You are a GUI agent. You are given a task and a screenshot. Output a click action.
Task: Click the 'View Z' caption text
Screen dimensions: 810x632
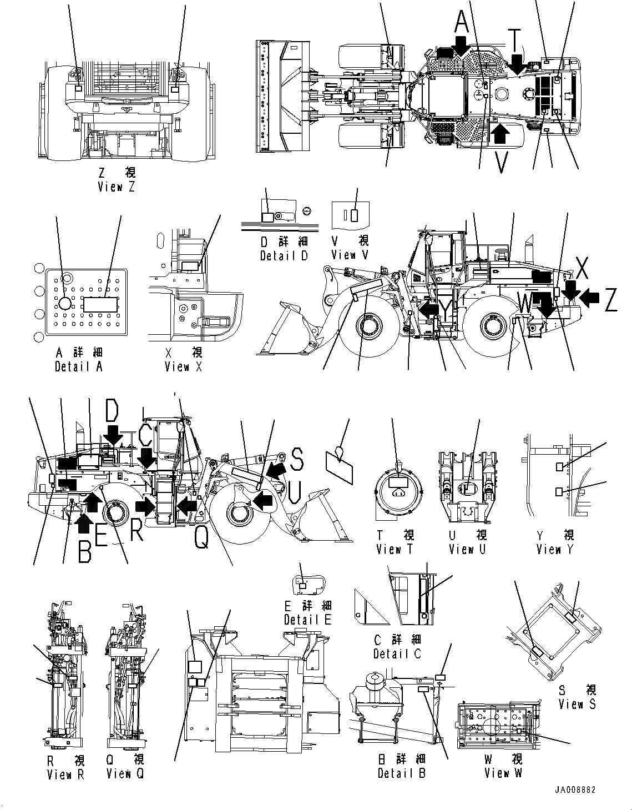tap(116, 187)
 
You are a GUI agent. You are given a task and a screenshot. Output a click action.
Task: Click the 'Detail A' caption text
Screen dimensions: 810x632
tap(79, 366)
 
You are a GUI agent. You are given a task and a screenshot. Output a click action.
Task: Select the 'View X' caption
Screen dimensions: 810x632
tap(184, 366)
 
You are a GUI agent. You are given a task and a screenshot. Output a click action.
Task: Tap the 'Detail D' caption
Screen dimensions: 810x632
tap(284, 255)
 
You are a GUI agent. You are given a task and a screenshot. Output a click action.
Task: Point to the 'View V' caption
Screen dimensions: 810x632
tap(350, 255)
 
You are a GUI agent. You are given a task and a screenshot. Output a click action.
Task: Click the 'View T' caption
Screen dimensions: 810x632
tap(395, 549)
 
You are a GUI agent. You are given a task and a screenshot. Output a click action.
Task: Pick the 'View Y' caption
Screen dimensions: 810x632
tap(555, 549)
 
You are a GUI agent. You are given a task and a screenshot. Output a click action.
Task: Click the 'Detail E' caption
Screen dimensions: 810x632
tap(307, 620)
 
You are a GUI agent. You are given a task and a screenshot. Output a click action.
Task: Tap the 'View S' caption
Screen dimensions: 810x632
tap(577, 704)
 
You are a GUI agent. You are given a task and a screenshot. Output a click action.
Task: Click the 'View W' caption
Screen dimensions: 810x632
tap(503, 773)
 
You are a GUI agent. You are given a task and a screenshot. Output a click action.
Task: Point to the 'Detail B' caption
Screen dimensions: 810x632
tap(401, 773)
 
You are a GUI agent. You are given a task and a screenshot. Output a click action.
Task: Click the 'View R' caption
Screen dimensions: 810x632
tap(65, 774)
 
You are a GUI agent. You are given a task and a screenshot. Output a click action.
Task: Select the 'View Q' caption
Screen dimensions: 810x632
tap(125, 774)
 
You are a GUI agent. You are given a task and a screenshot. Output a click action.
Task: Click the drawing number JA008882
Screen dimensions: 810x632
tap(574, 790)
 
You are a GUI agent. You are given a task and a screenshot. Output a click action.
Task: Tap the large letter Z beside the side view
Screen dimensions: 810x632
tap(610, 300)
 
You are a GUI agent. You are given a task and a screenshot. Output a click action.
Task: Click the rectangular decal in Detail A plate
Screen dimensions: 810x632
tap(100, 304)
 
